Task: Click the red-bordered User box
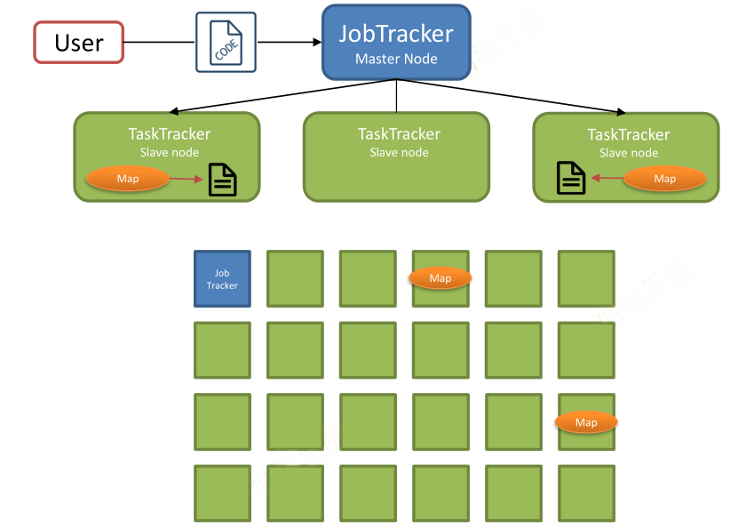(x=79, y=43)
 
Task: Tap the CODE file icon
(x=226, y=43)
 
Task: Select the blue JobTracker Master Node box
(x=396, y=43)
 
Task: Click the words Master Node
(x=396, y=59)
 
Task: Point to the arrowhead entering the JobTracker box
(x=317, y=43)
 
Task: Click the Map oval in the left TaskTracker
(x=128, y=179)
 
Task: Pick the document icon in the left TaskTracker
(x=223, y=180)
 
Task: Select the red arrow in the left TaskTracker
(x=187, y=179)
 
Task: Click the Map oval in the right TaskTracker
(x=665, y=179)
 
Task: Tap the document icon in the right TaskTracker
(x=571, y=178)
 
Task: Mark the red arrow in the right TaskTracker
(x=607, y=178)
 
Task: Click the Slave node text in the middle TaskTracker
(x=399, y=153)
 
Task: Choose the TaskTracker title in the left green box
(x=170, y=134)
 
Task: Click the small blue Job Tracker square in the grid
(x=222, y=278)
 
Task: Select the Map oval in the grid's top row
(x=440, y=278)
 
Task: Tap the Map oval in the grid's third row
(x=586, y=422)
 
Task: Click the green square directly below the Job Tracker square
(x=222, y=350)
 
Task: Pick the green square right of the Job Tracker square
(x=295, y=278)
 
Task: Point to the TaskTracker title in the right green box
(x=629, y=135)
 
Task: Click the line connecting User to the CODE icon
(x=160, y=43)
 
